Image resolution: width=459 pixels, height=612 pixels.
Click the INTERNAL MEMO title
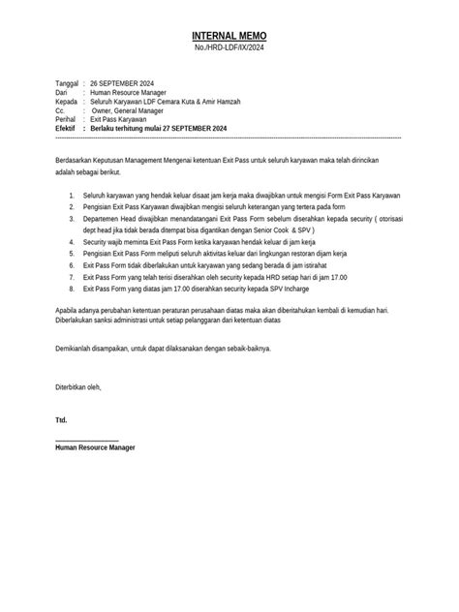coord(229,35)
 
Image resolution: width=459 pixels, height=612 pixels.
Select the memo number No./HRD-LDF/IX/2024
coord(229,48)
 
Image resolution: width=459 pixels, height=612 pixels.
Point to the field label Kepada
coord(67,102)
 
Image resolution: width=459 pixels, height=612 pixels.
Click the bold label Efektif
coord(66,128)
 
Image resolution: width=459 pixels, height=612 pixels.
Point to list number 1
coord(73,196)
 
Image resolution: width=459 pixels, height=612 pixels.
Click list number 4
coord(73,242)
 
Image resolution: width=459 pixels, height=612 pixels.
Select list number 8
coord(73,289)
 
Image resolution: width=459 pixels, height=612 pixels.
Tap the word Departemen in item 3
coord(104,219)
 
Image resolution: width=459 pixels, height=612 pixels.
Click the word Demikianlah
coord(77,348)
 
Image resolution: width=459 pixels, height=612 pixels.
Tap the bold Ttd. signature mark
coord(62,420)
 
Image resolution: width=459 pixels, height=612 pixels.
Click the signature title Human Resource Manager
coord(96,447)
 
